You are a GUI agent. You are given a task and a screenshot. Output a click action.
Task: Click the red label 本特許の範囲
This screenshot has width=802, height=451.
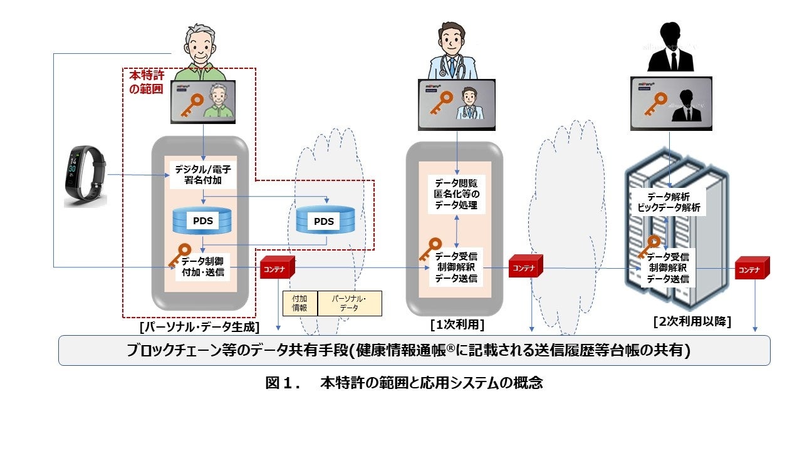point(145,81)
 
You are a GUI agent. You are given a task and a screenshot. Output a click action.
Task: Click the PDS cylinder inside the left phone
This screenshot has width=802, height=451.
point(202,221)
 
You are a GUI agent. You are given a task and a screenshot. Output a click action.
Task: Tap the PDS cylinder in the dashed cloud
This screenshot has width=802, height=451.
point(324,221)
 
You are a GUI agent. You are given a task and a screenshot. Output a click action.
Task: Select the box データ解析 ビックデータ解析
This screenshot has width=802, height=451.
point(668,202)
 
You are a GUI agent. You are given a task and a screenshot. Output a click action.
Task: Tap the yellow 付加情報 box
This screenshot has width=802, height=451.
point(300,303)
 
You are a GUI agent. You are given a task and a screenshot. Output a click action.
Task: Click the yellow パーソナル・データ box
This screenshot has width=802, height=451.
point(350,303)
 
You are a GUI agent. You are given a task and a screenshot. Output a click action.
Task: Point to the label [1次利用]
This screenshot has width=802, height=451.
point(457,325)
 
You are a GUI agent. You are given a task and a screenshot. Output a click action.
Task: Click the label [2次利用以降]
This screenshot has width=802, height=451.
point(692,321)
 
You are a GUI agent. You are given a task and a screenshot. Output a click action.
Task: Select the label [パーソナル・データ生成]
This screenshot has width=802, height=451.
point(200,327)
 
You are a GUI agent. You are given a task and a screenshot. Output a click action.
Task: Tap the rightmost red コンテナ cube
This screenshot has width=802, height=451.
point(751,269)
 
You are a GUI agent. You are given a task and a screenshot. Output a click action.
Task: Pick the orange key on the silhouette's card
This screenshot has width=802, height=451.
point(657,102)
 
